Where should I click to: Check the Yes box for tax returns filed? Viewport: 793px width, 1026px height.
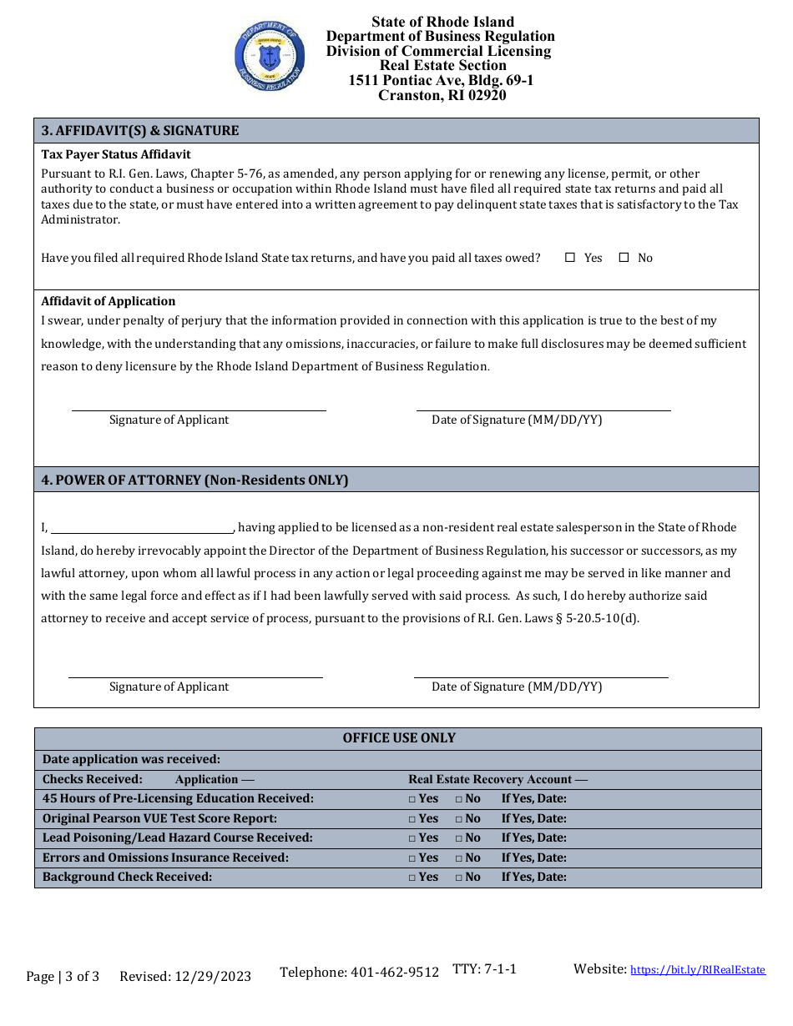[570, 258]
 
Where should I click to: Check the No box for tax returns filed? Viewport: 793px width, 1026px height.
[624, 258]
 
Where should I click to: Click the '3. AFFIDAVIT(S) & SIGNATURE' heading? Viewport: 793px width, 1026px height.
[140, 130]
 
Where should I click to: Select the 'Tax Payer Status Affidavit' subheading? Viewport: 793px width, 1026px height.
[116, 154]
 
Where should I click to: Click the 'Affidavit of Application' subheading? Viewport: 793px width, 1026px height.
[109, 301]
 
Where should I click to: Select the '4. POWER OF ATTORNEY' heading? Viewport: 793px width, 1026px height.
[194, 480]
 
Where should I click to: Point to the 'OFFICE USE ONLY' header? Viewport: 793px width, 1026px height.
[399, 738]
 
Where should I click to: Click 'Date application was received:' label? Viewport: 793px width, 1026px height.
[131, 759]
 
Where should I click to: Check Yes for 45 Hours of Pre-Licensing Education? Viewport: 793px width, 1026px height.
[412, 799]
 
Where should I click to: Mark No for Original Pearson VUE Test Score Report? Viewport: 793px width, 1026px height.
[459, 819]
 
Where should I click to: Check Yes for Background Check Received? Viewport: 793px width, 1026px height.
[412, 878]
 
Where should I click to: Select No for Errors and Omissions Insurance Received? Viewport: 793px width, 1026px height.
[459, 858]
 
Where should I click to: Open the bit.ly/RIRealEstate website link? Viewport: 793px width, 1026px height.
[697, 969]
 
